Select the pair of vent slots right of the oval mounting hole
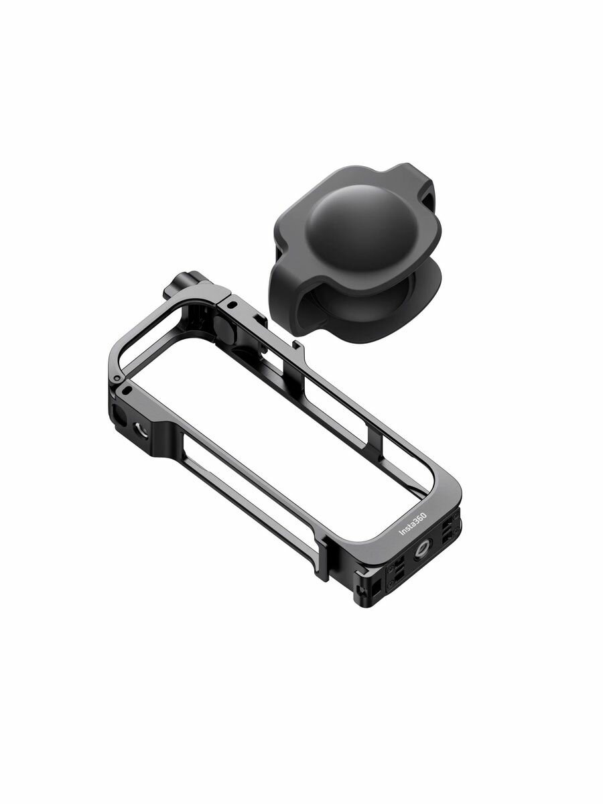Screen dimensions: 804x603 point(445,541)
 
